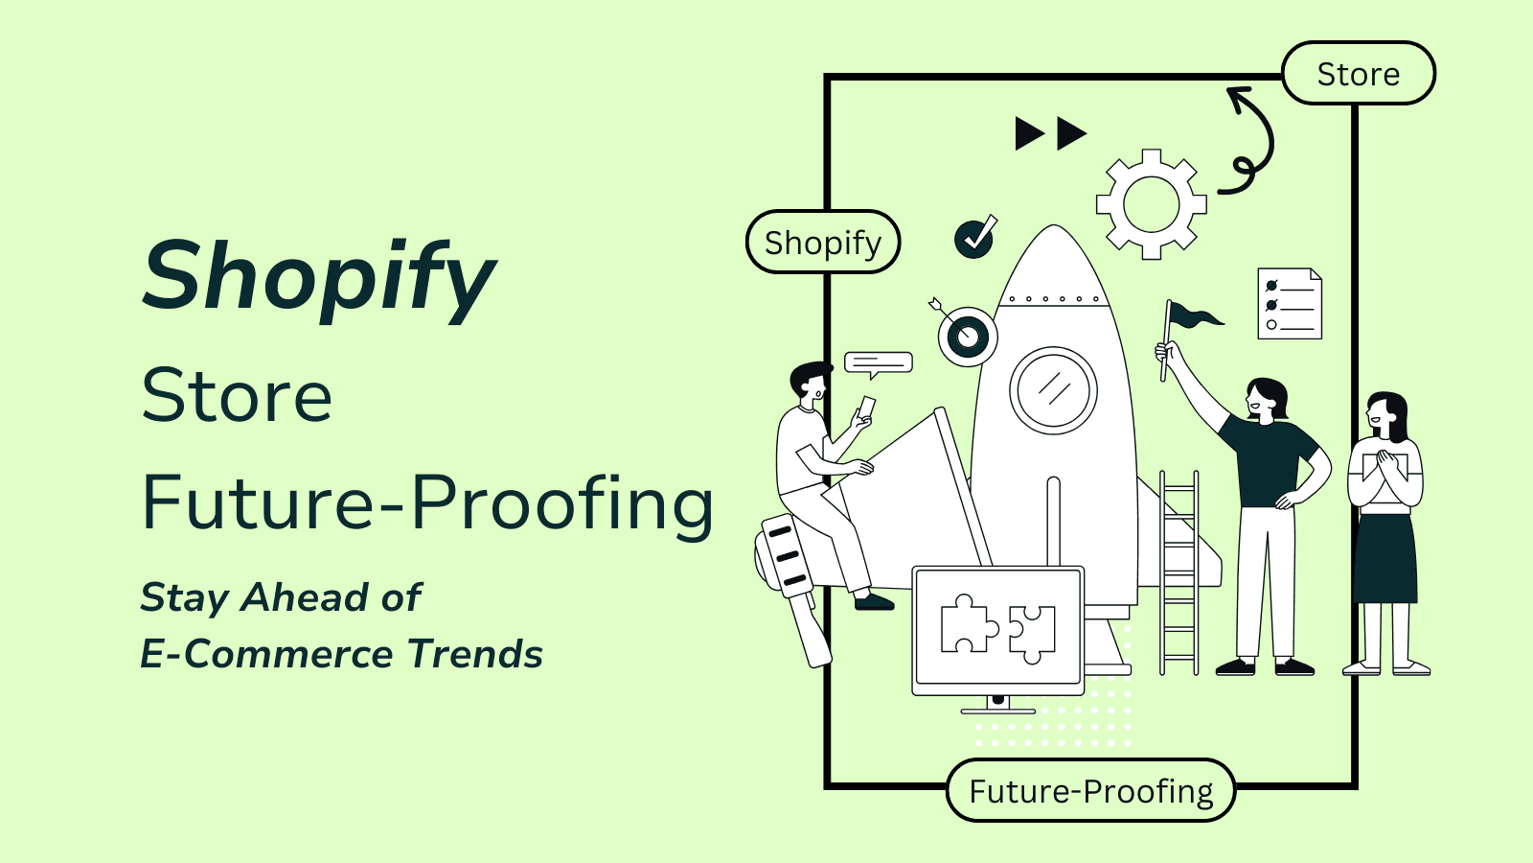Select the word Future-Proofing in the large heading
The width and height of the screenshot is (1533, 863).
(x=427, y=504)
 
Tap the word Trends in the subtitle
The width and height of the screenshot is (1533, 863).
(x=475, y=653)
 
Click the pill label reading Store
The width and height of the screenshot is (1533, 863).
(x=1359, y=73)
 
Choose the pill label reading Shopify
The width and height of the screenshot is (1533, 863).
(x=823, y=242)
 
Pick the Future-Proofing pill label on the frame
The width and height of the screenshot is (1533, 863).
(x=1091, y=790)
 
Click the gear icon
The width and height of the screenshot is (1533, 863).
(x=1151, y=204)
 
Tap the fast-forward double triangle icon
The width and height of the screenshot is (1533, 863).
(x=1050, y=133)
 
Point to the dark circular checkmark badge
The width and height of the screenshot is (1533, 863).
(x=974, y=238)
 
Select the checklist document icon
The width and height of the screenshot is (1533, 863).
(x=1290, y=303)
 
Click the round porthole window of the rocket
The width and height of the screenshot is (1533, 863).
(x=1053, y=390)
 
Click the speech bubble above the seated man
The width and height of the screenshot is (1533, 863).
(x=878, y=363)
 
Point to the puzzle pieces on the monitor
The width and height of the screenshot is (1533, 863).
(x=997, y=629)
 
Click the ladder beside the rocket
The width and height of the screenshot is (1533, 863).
(x=1179, y=572)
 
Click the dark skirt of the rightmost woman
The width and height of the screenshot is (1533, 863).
(x=1384, y=559)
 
